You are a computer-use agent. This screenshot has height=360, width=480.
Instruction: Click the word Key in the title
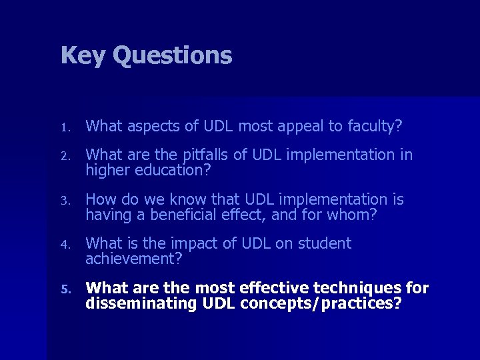83,55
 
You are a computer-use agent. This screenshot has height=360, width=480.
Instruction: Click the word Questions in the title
172,55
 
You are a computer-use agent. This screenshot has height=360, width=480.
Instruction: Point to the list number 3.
65,200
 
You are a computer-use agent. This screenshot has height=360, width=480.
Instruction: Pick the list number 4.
65,245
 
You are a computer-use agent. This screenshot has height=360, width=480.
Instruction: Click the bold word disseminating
137,303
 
